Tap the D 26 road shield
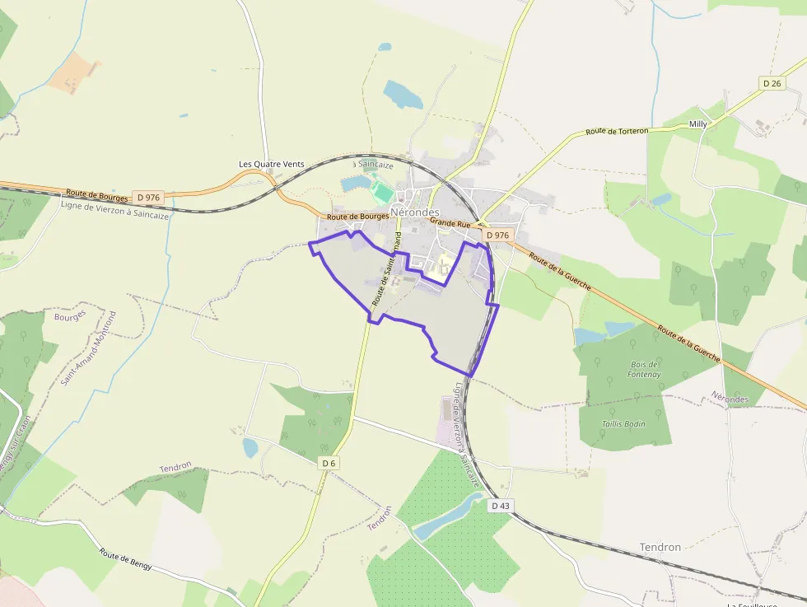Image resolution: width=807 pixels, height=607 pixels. click(x=772, y=83)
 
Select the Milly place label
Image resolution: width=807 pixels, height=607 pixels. click(x=697, y=124)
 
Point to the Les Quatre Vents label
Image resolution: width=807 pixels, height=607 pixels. click(x=271, y=164)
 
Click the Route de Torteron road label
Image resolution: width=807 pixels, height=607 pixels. click(x=617, y=131)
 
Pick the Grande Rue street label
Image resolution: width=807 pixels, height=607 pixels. click(x=450, y=222)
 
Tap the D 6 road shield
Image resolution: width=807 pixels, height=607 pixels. click(x=329, y=463)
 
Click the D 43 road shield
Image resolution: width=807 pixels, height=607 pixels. click(x=500, y=505)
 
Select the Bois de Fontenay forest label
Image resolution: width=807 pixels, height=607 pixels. click(x=645, y=369)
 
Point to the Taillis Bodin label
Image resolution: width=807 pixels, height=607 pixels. click(x=623, y=423)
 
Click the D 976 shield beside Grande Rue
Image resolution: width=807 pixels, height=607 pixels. click(x=497, y=235)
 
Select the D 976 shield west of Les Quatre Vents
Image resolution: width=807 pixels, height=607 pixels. click(x=149, y=197)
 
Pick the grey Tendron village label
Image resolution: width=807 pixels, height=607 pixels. click(x=660, y=547)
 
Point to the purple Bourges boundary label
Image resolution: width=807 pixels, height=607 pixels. click(x=70, y=315)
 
